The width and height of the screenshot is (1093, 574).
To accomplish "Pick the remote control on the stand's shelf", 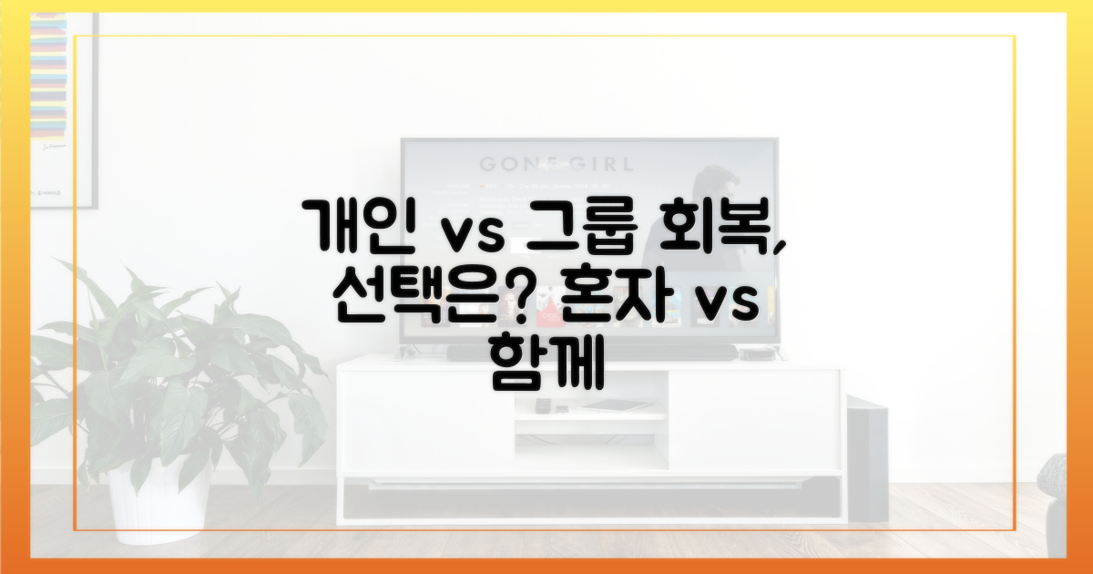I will pos(543,404).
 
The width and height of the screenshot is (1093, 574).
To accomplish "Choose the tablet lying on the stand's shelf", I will pos(615,405).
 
